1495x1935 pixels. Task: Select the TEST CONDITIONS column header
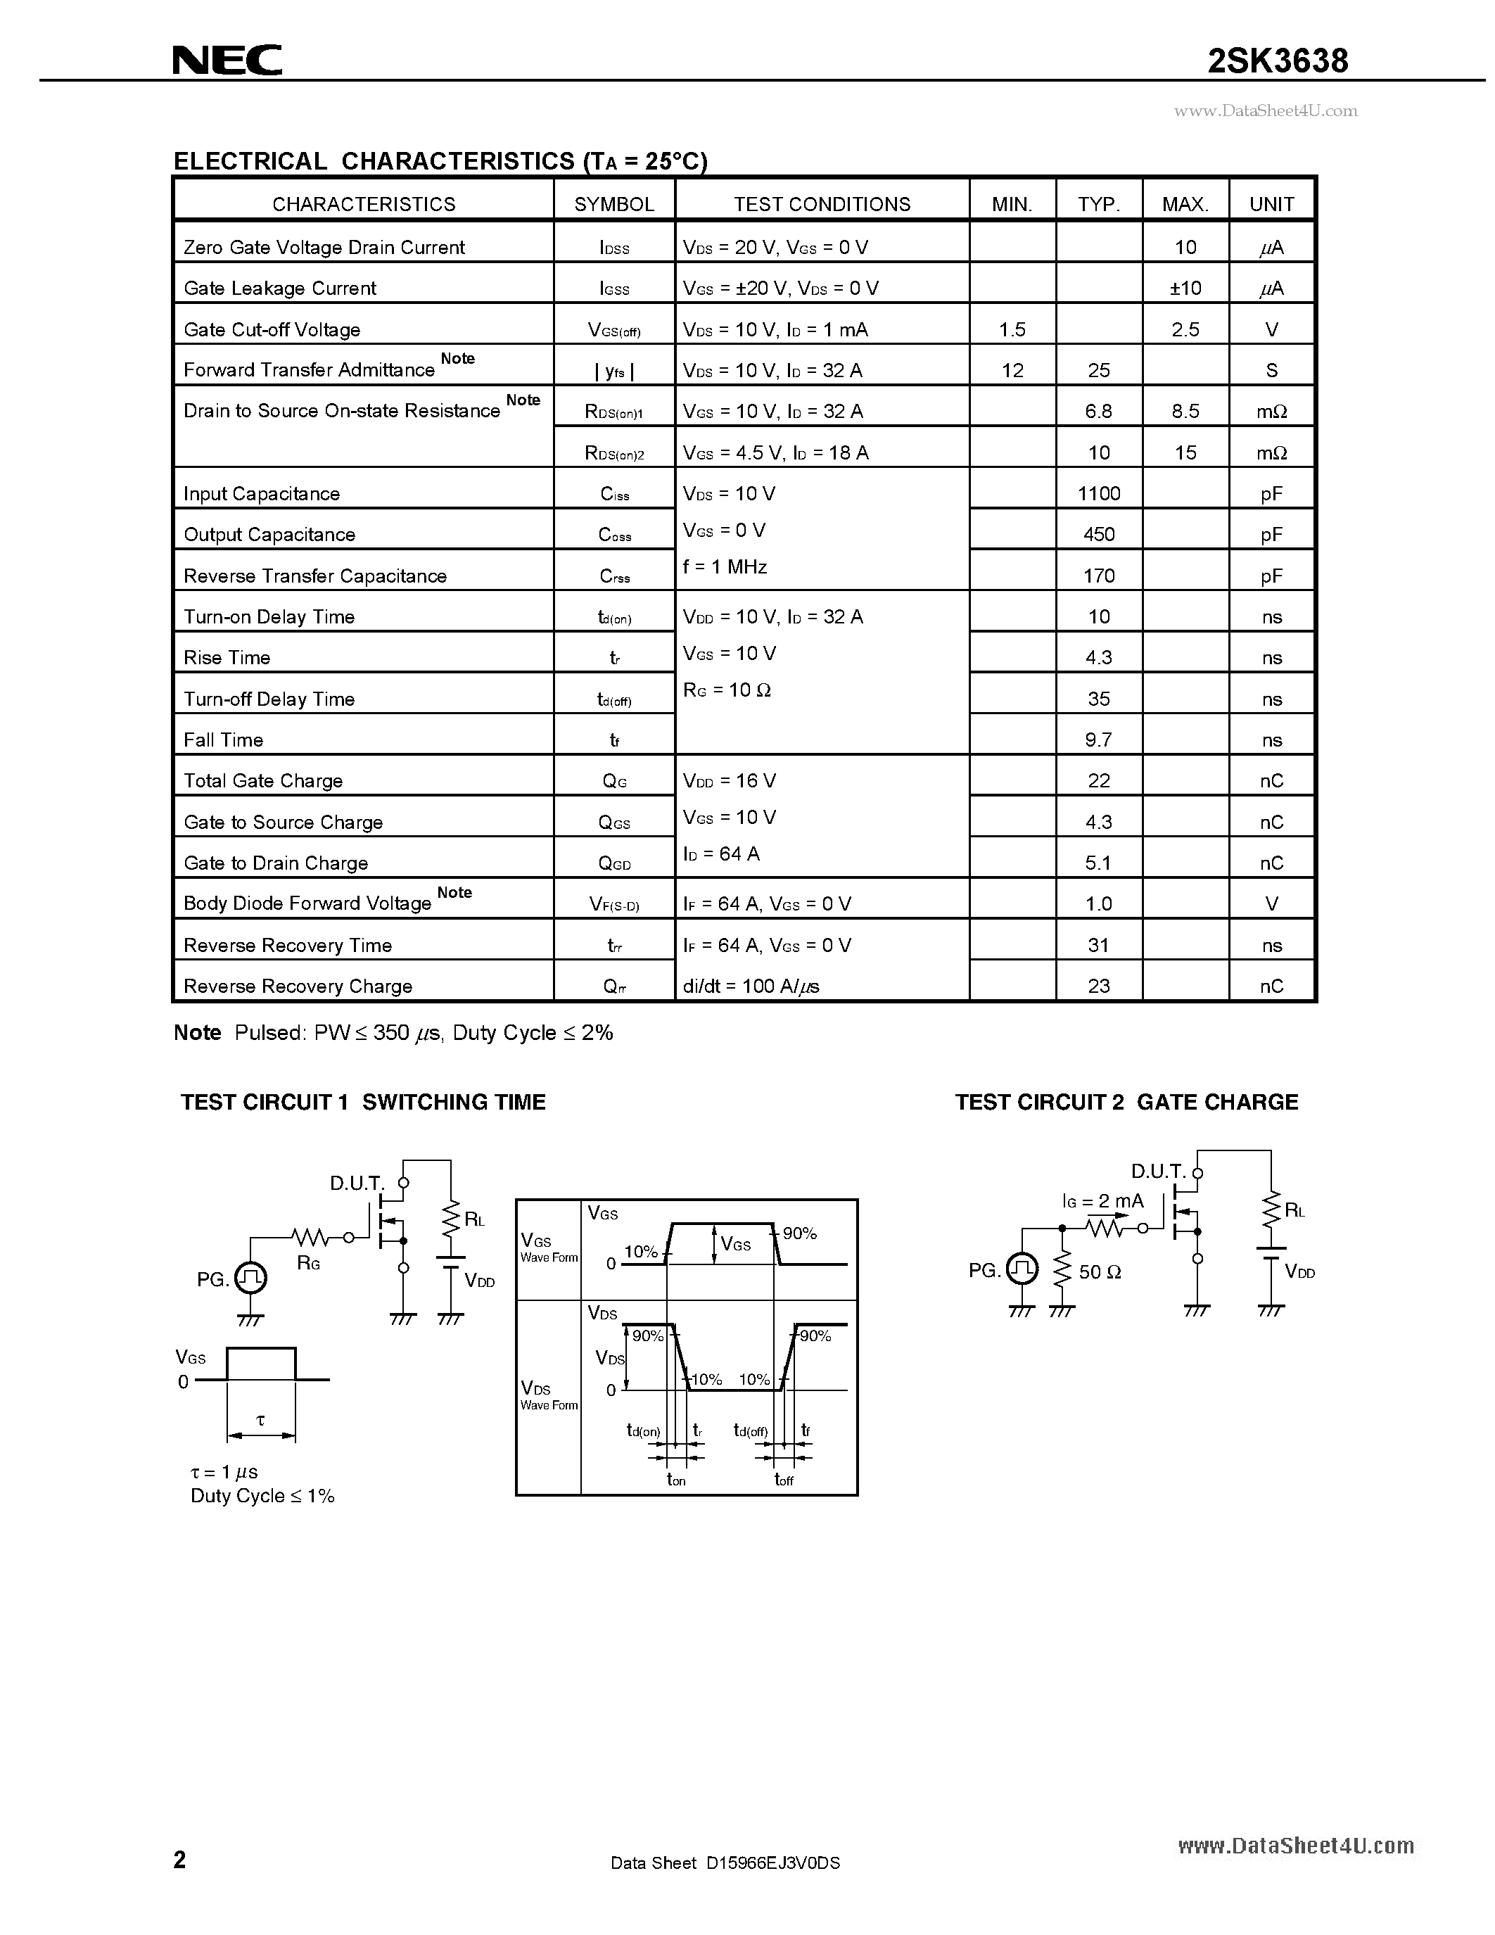(821, 204)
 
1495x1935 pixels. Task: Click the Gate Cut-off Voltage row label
(272, 329)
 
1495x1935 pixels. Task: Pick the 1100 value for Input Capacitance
(1098, 493)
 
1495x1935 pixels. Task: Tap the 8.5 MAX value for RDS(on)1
(1185, 411)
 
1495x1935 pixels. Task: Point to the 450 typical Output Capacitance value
(1098, 534)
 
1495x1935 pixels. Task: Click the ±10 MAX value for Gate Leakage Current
(1185, 288)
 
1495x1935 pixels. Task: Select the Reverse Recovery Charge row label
(298, 986)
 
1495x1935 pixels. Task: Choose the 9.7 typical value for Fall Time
(1098, 740)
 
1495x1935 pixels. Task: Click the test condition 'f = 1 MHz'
(725, 567)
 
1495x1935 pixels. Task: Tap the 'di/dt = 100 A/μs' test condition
(750, 986)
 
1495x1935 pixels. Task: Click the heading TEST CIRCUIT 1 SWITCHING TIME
(363, 1102)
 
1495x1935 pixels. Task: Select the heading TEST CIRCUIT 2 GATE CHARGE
(1126, 1102)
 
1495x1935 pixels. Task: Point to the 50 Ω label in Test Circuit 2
(1100, 1272)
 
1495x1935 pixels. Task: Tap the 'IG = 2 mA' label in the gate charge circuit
(1102, 1201)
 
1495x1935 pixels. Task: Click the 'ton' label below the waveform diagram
(676, 1480)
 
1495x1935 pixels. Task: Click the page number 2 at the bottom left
(180, 1859)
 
